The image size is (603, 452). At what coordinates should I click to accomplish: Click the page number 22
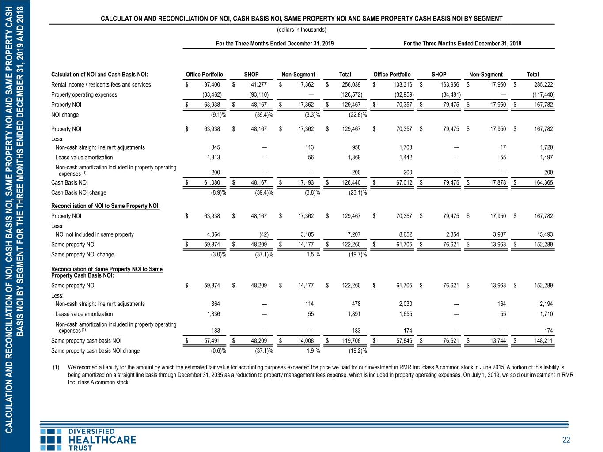click(566, 440)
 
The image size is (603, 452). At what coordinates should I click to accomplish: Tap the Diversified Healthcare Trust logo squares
click(51, 440)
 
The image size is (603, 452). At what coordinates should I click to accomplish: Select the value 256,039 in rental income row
click(351, 84)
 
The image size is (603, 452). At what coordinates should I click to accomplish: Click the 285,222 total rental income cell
click(543, 84)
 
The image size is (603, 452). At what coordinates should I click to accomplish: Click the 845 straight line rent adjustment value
click(216, 147)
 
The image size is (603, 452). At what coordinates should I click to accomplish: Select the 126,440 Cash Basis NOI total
click(351, 182)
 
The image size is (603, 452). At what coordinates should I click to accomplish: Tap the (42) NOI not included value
click(264, 234)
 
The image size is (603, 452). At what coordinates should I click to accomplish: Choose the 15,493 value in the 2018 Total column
click(545, 234)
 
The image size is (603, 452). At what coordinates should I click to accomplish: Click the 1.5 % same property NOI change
click(313, 254)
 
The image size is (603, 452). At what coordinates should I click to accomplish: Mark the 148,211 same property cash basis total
click(543, 341)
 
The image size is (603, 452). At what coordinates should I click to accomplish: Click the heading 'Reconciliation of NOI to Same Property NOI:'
click(105, 206)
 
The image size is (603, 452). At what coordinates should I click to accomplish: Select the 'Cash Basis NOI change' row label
click(79, 192)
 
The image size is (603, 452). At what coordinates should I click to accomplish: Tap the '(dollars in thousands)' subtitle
click(302, 30)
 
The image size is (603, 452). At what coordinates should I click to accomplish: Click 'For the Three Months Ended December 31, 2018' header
click(462, 43)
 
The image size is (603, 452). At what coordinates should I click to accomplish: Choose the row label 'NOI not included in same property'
click(95, 234)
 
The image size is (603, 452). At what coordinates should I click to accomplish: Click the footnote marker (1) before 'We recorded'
click(56, 368)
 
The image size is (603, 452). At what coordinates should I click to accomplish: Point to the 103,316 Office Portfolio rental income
click(403, 84)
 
